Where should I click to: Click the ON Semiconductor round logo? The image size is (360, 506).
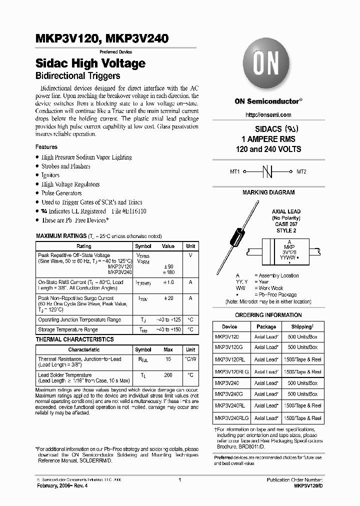[268, 64]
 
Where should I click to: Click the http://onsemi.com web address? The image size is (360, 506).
[268, 115]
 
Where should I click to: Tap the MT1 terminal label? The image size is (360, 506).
[235, 171]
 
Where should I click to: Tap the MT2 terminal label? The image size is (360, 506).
[301, 171]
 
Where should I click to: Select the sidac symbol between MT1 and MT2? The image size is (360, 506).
[268, 171]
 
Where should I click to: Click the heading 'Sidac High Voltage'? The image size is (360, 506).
[90, 63]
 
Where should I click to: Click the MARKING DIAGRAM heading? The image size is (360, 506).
[268, 192]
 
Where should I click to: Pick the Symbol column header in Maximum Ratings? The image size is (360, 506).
[143, 246]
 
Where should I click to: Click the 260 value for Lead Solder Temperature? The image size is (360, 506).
[168, 374]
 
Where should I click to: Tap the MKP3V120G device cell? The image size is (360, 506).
[228, 347]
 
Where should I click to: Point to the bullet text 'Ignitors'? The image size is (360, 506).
[50, 175]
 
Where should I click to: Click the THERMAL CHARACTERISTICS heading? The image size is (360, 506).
[74, 339]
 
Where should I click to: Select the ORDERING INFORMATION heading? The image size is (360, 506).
[268, 315]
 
